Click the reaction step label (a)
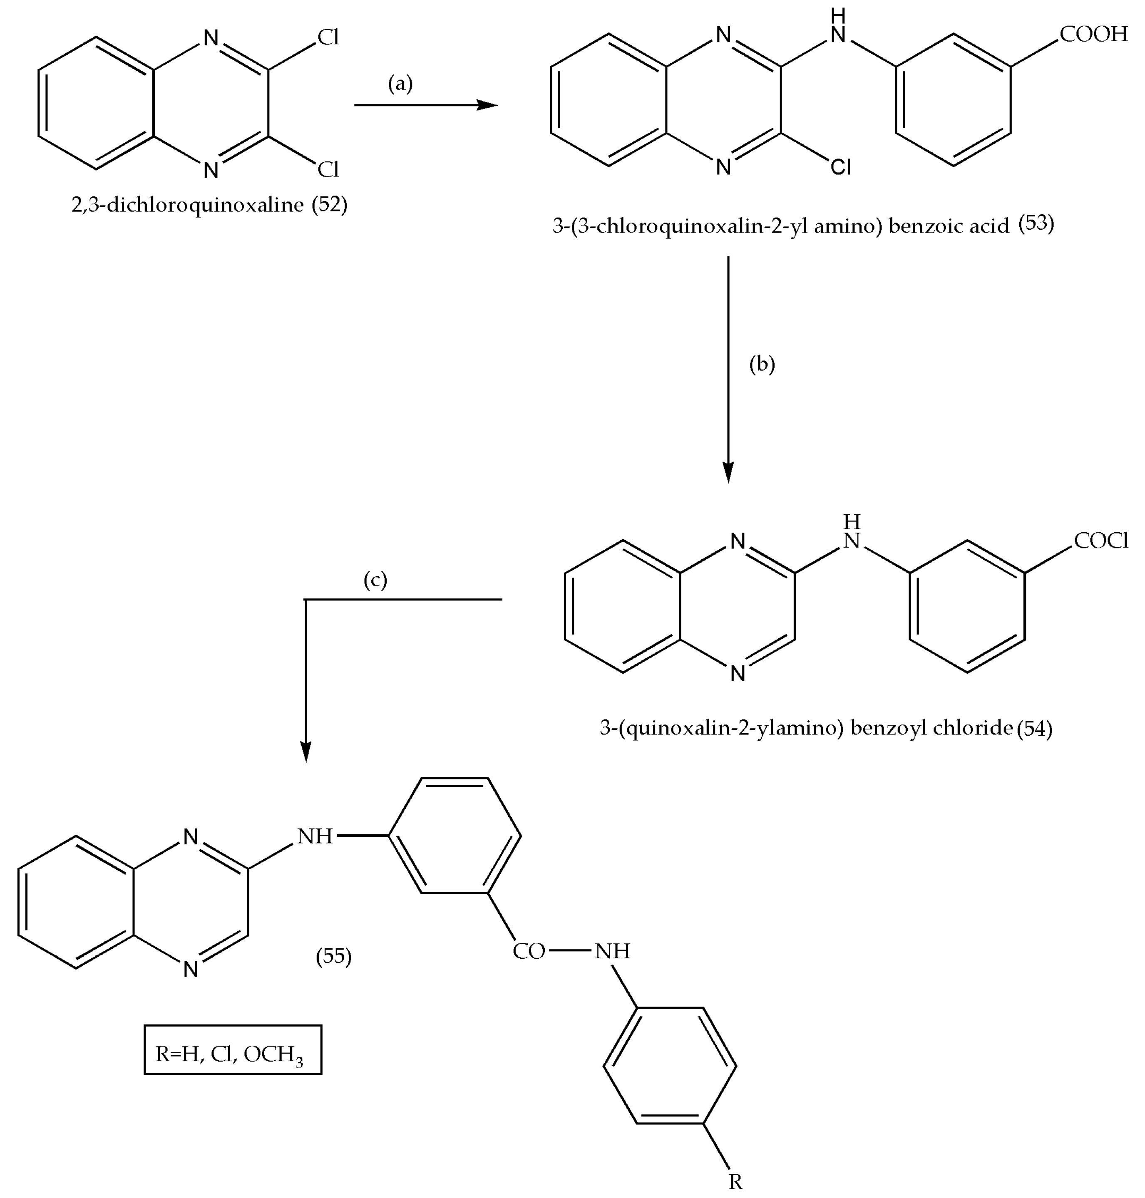[x=400, y=84]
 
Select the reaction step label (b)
[x=762, y=365]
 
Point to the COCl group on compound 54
[x=1100, y=541]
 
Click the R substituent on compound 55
[x=735, y=1182]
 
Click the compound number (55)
[x=334, y=956]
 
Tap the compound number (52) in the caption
[x=330, y=204]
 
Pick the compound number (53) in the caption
[x=1036, y=224]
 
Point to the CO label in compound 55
[x=529, y=951]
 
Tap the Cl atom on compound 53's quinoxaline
[x=840, y=166]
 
